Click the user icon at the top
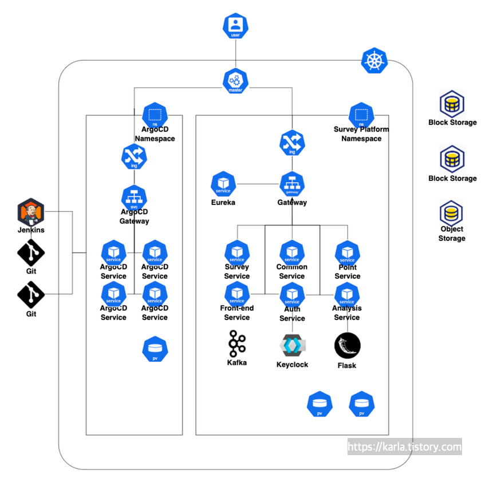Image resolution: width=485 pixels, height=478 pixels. tap(235, 26)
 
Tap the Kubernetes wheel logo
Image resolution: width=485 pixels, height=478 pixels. tap(374, 61)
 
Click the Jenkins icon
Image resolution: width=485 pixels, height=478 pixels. tap(31, 212)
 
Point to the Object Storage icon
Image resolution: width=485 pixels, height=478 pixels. tap(452, 214)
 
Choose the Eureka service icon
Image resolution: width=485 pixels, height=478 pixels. tap(223, 184)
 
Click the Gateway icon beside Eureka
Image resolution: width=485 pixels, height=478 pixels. tap(292, 184)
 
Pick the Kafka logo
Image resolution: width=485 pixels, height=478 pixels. tap(236, 343)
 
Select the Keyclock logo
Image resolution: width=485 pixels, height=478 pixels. tap(292, 345)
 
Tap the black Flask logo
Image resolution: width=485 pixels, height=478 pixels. tap(347, 346)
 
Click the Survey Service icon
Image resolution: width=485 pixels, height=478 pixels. tap(237, 252)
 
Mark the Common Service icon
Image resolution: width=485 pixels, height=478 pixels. tap(292, 252)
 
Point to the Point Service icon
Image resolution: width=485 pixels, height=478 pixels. tap(347, 252)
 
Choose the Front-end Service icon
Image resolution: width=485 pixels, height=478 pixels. tap(237, 294)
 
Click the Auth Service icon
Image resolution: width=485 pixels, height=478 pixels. tap(292, 294)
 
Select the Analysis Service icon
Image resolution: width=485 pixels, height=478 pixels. tap(347, 294)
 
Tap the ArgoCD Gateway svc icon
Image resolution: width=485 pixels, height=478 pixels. tap(134, 197)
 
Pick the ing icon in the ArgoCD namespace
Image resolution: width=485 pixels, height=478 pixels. tap(134, 156)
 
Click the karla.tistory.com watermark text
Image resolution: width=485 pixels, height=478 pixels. tap(404, 447)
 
